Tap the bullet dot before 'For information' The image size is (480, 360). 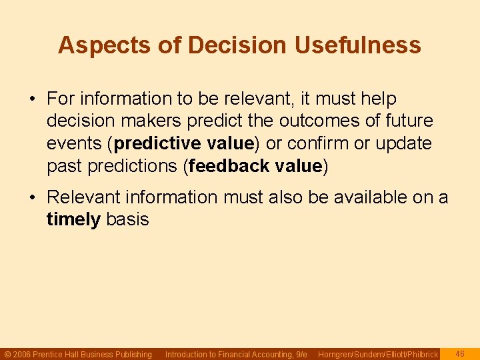pos(33,99)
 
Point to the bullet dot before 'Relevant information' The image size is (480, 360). pos(33,198)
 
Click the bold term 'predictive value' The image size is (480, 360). pos(184,143)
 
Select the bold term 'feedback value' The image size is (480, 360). pos(255,166)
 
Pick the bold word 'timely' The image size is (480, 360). pos(73,219)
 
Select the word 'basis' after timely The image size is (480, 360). pos(127,219)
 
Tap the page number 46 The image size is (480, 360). pos(459,354)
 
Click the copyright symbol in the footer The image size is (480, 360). pos(7,355)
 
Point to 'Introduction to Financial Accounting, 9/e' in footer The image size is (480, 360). pos(235,355)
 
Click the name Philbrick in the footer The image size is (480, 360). pos(421,355)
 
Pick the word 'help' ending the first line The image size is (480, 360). pos(379,99)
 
